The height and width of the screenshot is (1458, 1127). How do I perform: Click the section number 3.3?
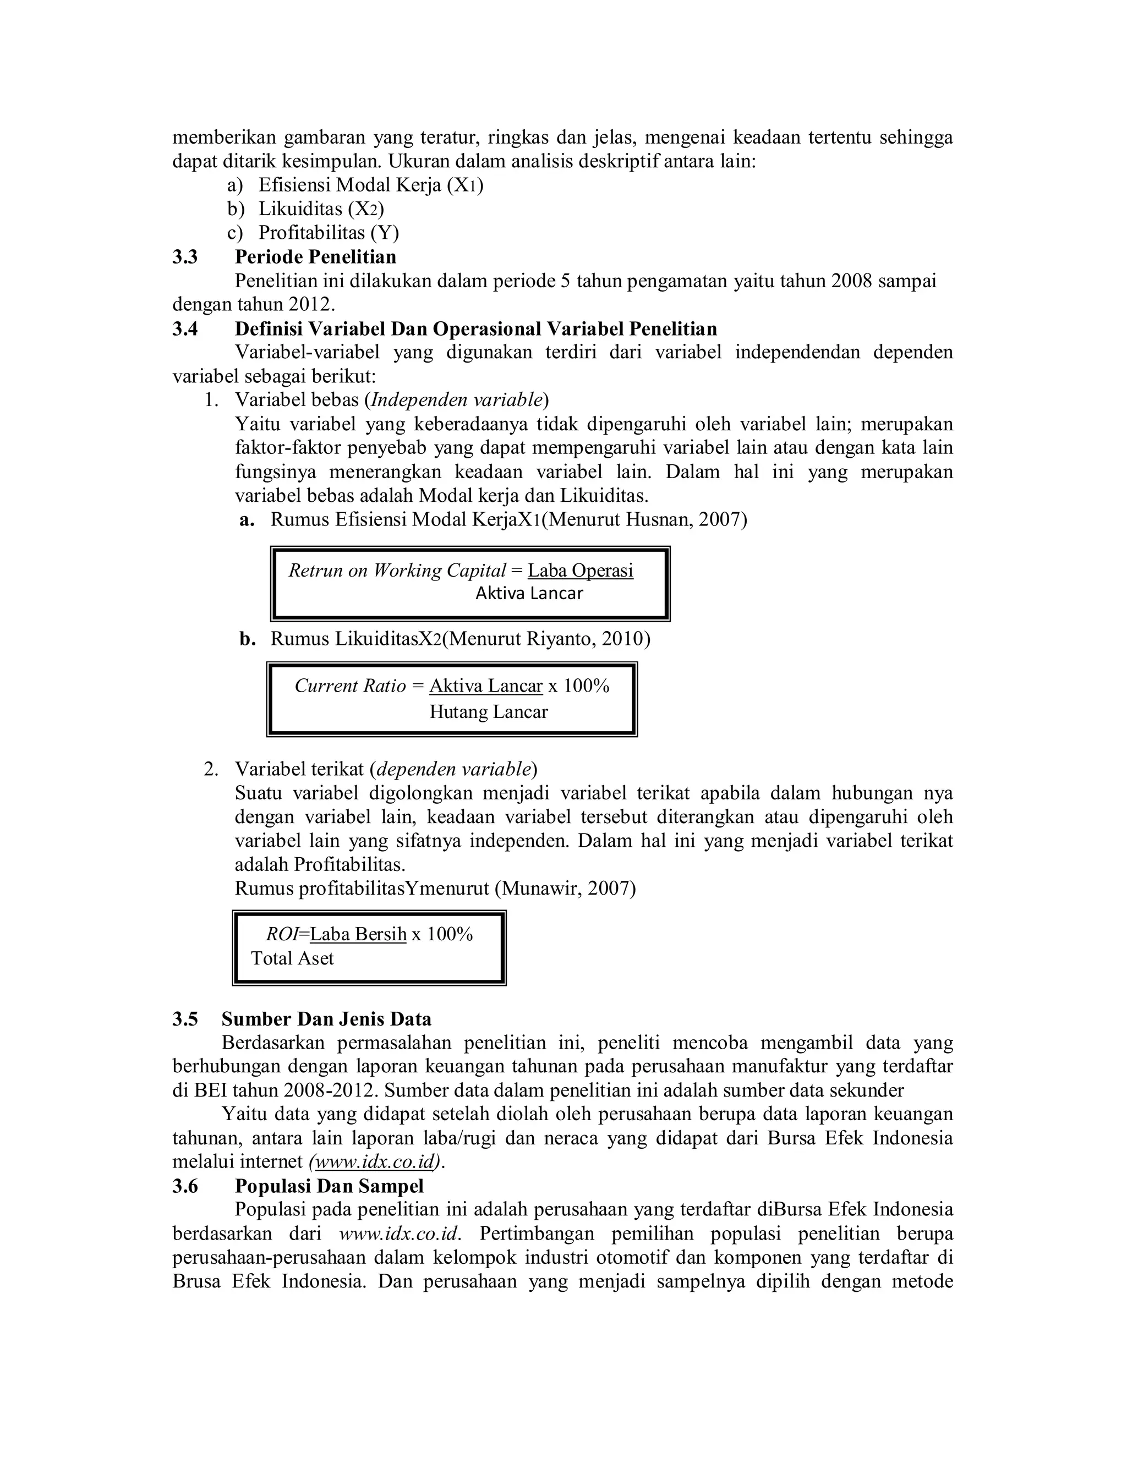point(185,257)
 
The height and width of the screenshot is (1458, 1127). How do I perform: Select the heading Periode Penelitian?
point(315,257)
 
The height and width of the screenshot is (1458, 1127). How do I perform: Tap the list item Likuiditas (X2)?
point(320,209)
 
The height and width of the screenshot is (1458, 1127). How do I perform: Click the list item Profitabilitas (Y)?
point(329,233)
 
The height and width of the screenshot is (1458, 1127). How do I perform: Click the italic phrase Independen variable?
point(457,400)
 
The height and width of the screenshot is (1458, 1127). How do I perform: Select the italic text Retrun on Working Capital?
point(397,570)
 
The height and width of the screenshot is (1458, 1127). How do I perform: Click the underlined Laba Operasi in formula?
point(579,570)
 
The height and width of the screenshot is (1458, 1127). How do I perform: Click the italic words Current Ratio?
point(350,686)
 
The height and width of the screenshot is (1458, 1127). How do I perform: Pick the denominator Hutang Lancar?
point(488,711)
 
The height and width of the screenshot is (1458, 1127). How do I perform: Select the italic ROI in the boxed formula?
point(281,934)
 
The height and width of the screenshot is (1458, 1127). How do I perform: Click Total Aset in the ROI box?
point(292,958)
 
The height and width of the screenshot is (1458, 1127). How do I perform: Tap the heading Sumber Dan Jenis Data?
point(326,1019)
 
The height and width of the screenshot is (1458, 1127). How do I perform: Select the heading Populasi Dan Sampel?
point(329,1186)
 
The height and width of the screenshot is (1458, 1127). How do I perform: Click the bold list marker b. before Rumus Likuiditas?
point(248,639)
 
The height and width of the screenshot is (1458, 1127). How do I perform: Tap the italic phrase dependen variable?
point(453,769)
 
